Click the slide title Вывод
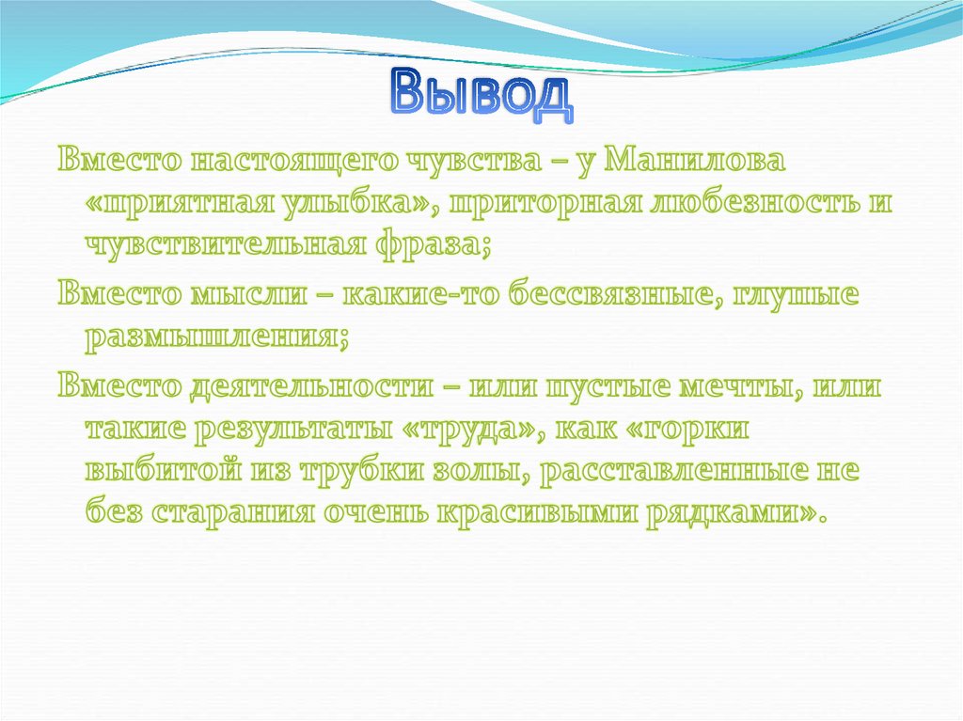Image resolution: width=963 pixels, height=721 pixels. [x=481, y=96]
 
